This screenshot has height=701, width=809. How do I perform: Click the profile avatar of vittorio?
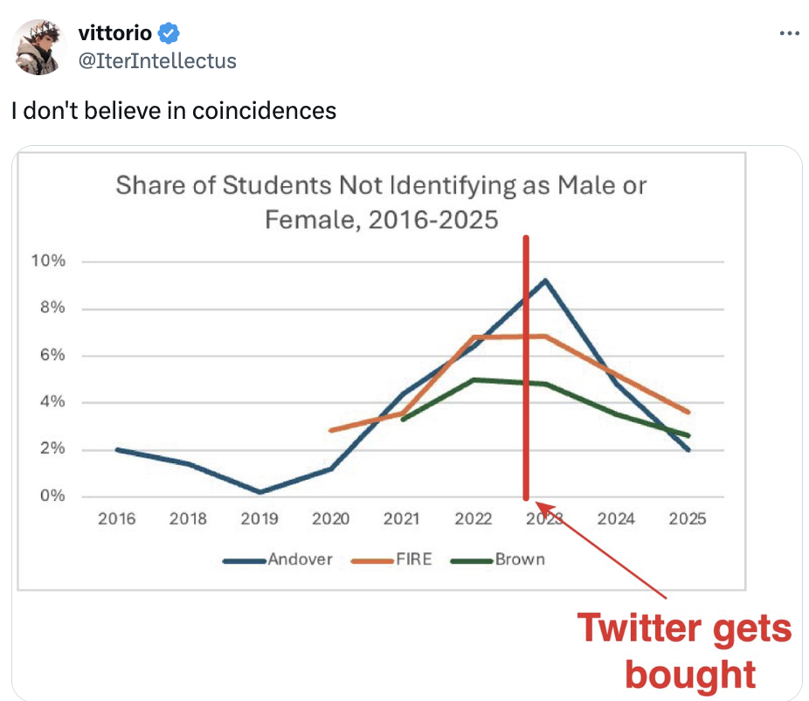point(40,47)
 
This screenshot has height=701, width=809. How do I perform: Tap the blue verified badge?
point(169,34)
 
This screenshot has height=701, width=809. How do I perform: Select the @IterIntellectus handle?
point(156,60)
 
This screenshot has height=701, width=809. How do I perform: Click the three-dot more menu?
point(789,34)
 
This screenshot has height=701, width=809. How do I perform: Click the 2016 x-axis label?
point(116,519)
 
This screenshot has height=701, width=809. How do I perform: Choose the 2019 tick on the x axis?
point(259,519)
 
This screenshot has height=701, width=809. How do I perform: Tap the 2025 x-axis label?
point(688,519)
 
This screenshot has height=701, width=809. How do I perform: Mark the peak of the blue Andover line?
point(545,281)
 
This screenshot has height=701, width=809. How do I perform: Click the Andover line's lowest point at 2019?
point(259,492)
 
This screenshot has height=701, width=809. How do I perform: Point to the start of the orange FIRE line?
point(330,430)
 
